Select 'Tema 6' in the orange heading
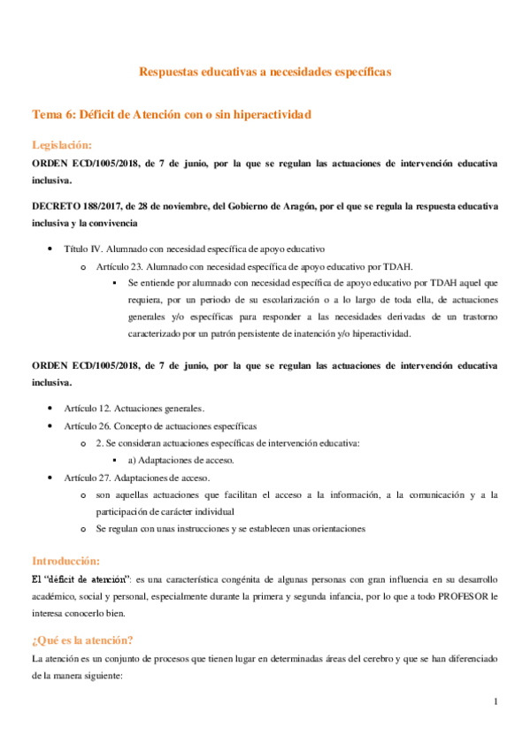pyautogui.click(x=53, y=115)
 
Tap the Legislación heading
pyautogui.click(x=62, y=145)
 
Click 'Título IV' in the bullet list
pyautogui.click(x=86, y=249)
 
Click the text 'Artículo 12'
pyautogui.click(x=87, y=408)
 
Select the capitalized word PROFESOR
pyautogui.click(x=451, y=595)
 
